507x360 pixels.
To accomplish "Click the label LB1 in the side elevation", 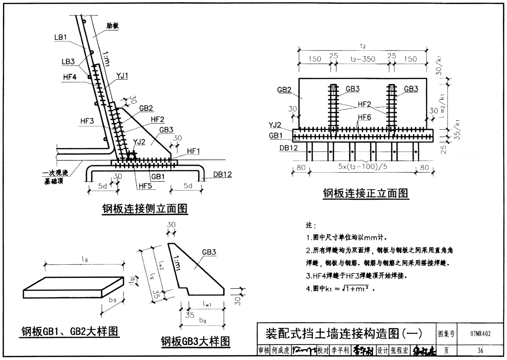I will [x=60, y=37].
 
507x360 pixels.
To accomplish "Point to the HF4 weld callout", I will [x=69, y=77].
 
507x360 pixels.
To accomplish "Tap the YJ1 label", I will [x=122, y=76].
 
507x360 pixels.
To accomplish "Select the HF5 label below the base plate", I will [x=145, y=186].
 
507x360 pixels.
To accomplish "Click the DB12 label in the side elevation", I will [x=222, y=174].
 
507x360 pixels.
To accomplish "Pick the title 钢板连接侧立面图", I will [x=145, y=209].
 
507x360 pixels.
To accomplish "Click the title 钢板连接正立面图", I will [x=365, y=193].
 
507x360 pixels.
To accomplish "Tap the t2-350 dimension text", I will [x=363, y=59].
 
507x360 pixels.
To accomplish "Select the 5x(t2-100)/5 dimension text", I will [x=363, y=167].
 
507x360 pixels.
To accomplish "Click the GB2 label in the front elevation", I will [x=284, y=90].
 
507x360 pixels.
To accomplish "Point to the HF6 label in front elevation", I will [x=364, y=117].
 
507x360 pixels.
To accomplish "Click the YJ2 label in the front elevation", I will [x=275, y=125].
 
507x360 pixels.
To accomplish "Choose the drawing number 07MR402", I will [x=480, y=333].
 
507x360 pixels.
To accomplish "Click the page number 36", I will [x=480, y=350].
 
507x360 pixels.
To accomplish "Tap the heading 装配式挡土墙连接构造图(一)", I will [x=343, y=333].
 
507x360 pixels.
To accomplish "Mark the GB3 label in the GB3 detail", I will [x=209, y=252].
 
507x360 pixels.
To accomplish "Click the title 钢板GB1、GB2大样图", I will [x=69, y=331].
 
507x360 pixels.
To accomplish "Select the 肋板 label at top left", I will [x=113, y=26].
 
